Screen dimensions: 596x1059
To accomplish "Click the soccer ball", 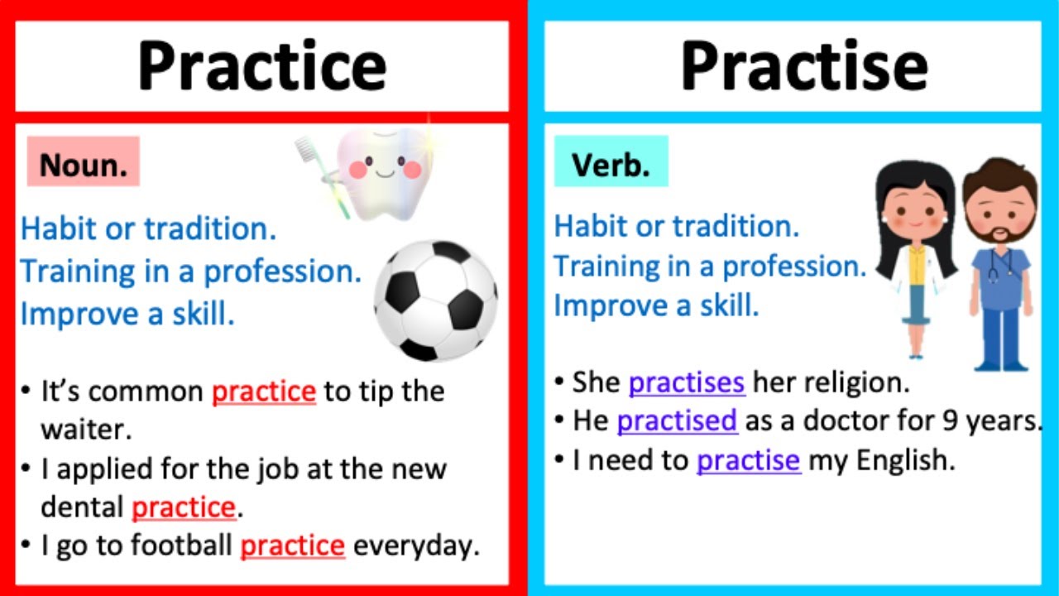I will pos(435,300).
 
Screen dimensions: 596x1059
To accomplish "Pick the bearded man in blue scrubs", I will pos(1000,265).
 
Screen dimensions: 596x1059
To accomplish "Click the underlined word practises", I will pos(687,382).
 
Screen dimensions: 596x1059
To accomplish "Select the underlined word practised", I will pos(677,421).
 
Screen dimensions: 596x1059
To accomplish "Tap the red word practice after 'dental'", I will pos(184,507).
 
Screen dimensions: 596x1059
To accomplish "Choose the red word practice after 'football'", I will pos(292,546).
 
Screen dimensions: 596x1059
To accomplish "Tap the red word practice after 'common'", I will pos(264,392).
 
